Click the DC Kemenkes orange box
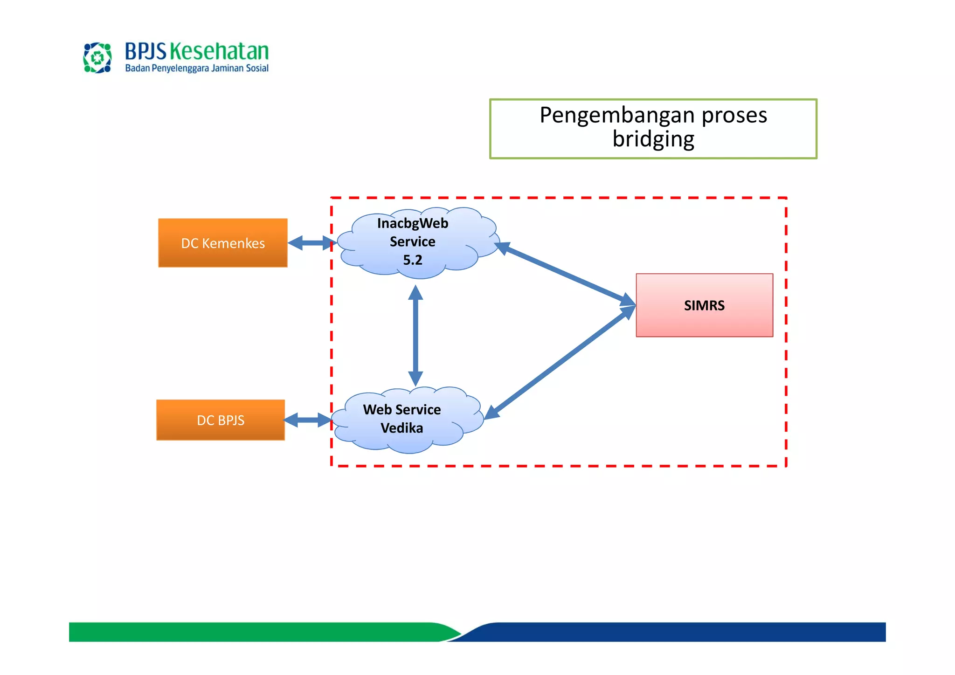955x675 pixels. coord(222,243)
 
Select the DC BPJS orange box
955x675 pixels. coord(220,420)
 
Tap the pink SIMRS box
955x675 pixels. coord(704,305)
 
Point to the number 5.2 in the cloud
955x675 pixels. coord(413,260)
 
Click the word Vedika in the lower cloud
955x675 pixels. coord(401,428)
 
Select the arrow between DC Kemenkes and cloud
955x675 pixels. coord(311,243)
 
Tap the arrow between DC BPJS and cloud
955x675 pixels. coord(307,420)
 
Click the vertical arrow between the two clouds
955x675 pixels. coord(415,336)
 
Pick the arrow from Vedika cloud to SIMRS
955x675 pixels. coord(560,364)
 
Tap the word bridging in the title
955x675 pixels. coord(653,139)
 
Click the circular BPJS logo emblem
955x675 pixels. coord(97,58)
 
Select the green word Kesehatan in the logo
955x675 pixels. coord(219,51)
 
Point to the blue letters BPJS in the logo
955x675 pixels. coord(145,51)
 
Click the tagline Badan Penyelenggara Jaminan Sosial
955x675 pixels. coord(196,69)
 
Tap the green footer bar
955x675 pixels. coord(252,632)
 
